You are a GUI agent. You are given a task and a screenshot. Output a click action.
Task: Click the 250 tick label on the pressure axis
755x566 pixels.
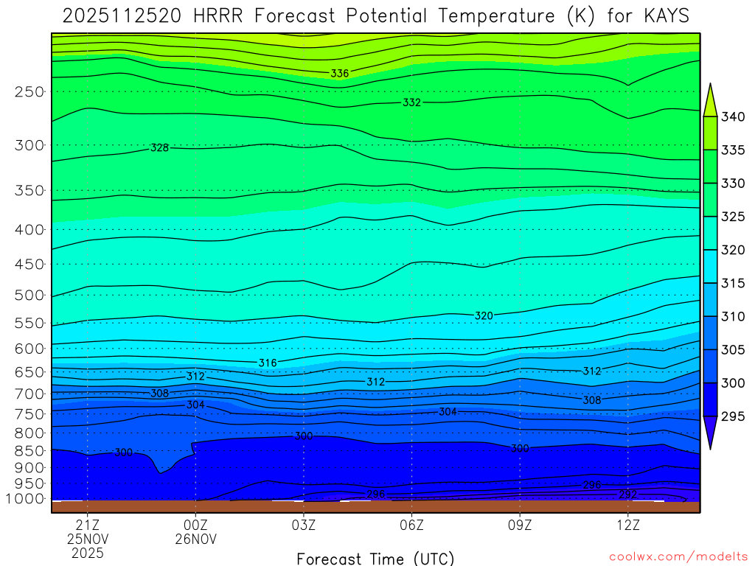[29, 91]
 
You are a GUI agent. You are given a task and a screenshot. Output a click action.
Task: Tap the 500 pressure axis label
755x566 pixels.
[29, 295]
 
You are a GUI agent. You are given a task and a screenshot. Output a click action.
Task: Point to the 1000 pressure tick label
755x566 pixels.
[25, 499]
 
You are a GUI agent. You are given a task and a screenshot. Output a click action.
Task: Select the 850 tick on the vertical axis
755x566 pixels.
[29, 450]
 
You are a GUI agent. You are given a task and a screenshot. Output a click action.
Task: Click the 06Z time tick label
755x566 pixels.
[411, 525]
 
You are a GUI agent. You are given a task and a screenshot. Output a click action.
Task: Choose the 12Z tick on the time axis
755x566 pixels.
[627, 525]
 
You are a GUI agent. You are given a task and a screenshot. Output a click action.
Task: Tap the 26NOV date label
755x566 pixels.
[195, 539]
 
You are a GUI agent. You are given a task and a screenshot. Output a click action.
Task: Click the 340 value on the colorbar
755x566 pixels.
[733, 117]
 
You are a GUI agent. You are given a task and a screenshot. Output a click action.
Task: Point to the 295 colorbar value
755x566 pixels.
[733, 416]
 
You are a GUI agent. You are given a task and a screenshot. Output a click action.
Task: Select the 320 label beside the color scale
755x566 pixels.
[733, 250]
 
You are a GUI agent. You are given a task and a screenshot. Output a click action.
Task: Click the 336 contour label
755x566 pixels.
[340, 73]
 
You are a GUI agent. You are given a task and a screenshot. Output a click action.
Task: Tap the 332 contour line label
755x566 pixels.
[411, 102]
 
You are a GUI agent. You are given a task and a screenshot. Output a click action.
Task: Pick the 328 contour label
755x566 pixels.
[159, 147]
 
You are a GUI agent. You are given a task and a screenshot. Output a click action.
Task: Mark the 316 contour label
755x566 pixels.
[268, 363]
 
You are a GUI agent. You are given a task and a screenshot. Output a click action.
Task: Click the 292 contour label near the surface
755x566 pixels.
[627, 494]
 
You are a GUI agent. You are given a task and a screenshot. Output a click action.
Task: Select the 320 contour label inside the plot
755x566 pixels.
[484, 315]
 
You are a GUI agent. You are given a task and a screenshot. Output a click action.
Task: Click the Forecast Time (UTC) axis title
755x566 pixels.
[375, 558]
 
